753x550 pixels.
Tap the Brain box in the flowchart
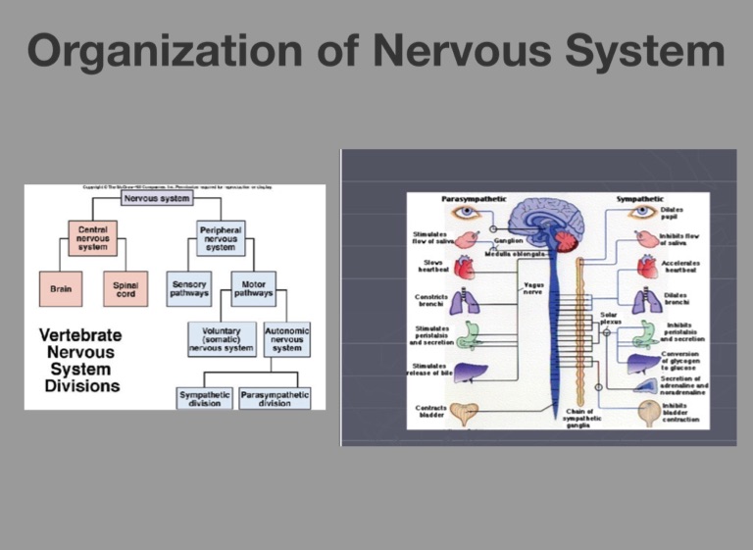pos(60,289)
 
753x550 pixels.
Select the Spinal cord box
pos(125,289)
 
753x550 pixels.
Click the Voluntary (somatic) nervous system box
pos(222,340)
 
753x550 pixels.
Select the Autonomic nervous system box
pos(287,340)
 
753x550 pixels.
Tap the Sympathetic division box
pos(205,399)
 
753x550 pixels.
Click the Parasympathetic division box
pos(275,399)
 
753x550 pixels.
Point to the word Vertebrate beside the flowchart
pos(77,335)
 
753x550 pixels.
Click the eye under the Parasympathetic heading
pos(466,212)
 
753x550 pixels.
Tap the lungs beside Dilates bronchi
pos(649,300)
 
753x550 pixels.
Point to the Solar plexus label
pos(609,318)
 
